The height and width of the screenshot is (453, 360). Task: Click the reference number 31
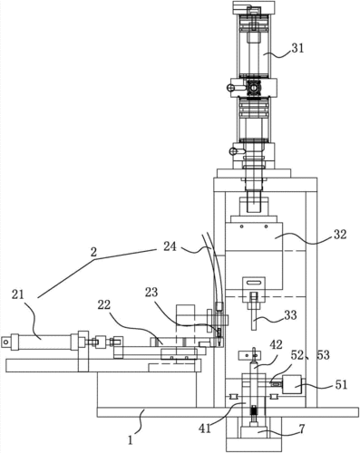coord(297,48)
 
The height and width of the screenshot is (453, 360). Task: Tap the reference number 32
coord(340,234)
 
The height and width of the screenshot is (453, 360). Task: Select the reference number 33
coord(290,315)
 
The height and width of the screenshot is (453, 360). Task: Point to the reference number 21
coord(18,294)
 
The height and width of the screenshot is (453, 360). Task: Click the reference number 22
coord(103,305)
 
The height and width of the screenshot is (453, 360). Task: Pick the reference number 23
coord(151,292)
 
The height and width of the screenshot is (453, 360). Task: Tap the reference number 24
coord(170,246)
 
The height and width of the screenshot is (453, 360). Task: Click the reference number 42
coord(276,344)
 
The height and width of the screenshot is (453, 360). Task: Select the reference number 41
coord(205,428)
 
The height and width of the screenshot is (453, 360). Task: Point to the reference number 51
coord(341,385)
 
